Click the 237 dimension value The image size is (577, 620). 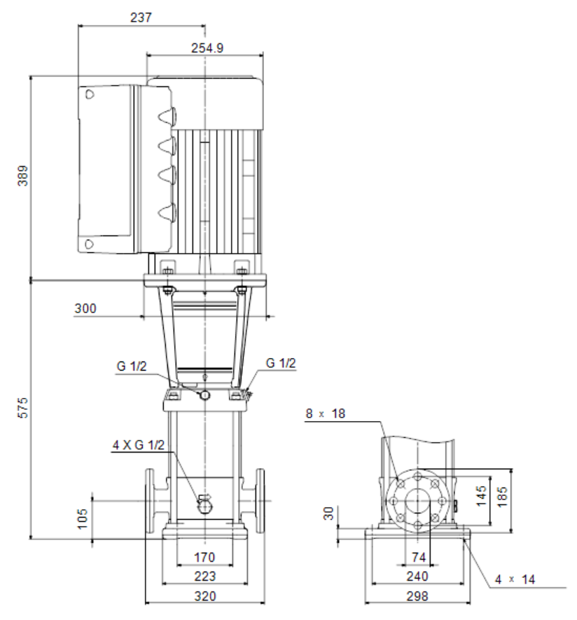[141, 18]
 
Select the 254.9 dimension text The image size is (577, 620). [207, 48]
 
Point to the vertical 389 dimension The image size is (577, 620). [23, 176]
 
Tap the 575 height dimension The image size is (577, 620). [23, 408]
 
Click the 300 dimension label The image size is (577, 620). [85, 308]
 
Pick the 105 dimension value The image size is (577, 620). [82, 519]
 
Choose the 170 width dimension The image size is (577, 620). [204, 557]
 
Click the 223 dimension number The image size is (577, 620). [204, 576]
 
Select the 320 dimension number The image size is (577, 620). [204, 596]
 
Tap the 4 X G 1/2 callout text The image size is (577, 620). [139, 445]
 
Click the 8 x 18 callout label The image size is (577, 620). [325, 413]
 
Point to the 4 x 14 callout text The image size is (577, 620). [515, 579]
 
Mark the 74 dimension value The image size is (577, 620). [419, 557]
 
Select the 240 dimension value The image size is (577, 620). [417, 576]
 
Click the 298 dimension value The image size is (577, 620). [417, 596]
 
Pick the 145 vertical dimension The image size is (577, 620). [481, 496]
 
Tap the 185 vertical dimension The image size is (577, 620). [501, 497]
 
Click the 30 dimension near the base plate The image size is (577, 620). [328, 514]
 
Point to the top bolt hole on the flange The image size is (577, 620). [418, 477]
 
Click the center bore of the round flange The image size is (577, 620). [418, 501]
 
